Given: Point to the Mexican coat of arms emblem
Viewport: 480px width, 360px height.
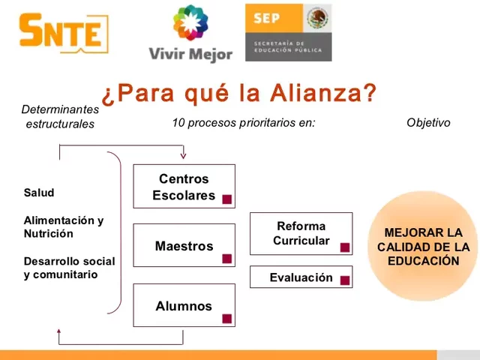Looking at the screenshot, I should pos(318,17).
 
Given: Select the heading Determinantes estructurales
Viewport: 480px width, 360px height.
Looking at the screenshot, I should pos(60,116).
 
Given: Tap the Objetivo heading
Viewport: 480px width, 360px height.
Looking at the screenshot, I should pos(428,123).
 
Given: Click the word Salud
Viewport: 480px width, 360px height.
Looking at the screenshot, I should pos(39,193).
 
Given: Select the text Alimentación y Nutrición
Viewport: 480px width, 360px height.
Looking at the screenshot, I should pos(64,227).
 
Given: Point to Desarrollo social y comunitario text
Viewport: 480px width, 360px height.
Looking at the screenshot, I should pos(69,268).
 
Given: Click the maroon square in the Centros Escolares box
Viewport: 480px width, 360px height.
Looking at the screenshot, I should pos(226,199).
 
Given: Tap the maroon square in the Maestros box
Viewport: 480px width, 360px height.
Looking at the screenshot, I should pos(226,259).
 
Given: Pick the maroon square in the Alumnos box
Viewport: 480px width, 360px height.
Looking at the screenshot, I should pos(226,319).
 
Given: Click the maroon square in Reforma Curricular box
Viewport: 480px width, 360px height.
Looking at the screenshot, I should pos(345,247).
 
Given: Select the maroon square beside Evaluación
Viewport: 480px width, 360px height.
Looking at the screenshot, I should pos(345,280).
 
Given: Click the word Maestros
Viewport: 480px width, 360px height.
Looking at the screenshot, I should pos(184,246).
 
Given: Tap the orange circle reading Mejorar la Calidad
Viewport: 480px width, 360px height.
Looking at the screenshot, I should pos(423,247).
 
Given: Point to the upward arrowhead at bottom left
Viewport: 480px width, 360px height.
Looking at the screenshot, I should pos(59,331).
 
